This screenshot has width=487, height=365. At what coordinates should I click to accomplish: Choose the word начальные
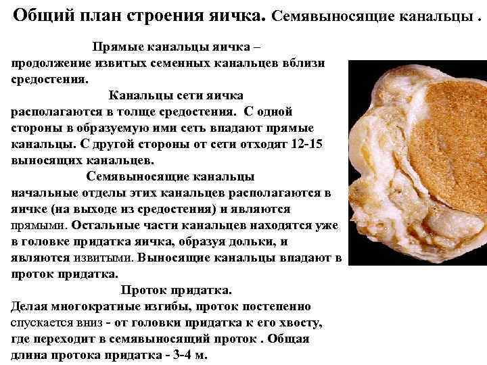43,193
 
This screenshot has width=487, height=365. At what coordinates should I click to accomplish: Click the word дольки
257,241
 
